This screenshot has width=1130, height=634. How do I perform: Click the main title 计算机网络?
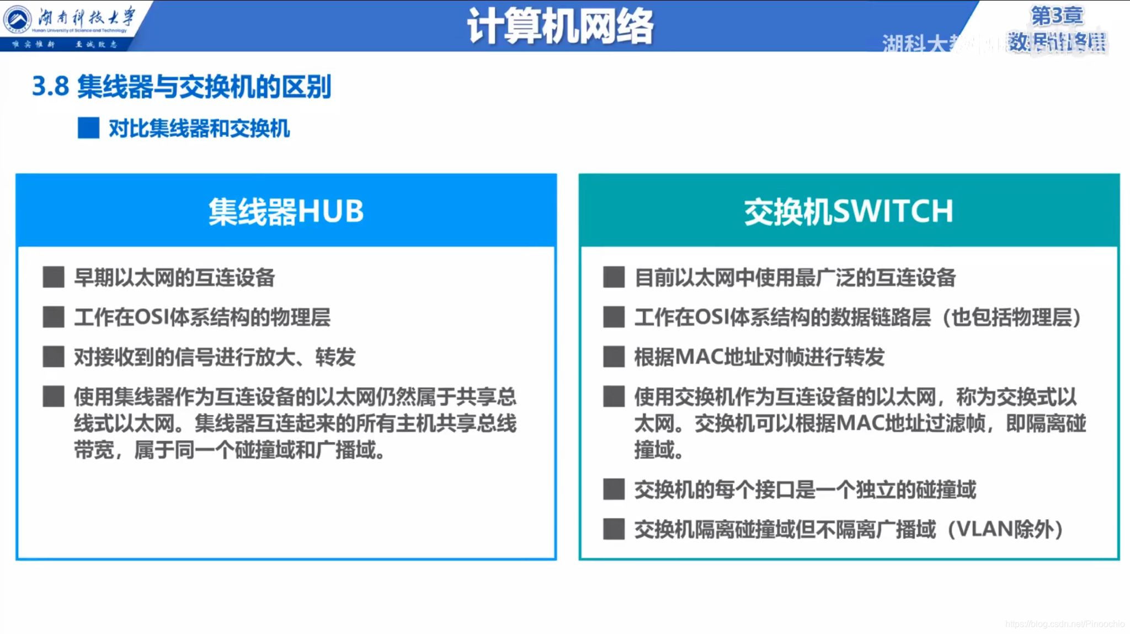coord(559,26)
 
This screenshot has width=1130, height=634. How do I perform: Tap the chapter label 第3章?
coord(1057,15)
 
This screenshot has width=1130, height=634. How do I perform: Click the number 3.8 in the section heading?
coord(50,87)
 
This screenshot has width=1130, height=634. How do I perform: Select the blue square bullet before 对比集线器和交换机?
coord(88,128)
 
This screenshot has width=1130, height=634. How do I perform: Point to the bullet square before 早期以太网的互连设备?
coord(54,277)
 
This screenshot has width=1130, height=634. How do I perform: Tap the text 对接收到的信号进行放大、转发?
coord(215,357)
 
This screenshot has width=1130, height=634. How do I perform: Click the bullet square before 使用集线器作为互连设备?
coord(54,396)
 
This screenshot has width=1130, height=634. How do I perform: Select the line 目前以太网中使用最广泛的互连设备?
coord(795,277)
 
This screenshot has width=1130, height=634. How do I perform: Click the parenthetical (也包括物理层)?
coord(1011,317)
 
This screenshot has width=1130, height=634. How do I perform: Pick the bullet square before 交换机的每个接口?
coord(614,489)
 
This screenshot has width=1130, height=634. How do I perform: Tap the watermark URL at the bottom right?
coord(1064,624)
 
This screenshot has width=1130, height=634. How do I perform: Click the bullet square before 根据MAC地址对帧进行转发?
coord(614,357)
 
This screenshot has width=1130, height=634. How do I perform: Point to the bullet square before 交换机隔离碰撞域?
coord(614,529)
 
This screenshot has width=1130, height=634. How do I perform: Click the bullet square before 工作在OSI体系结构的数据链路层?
coord(614,317)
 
